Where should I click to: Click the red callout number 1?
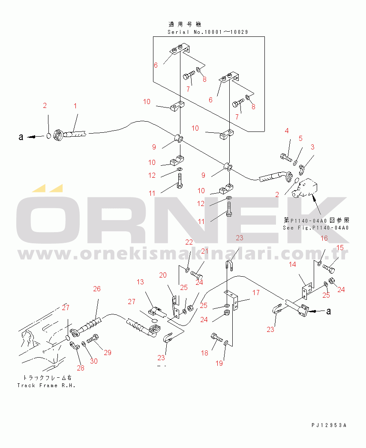click(75, 105)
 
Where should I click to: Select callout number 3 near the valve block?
click(312, 147)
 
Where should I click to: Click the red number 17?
click(255, 293)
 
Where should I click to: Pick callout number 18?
click(205, 353)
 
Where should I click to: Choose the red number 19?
click(219, 363)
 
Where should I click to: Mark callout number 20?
click(162, 275)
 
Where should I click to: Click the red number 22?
click(189, 242)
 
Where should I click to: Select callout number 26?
click(97, 289)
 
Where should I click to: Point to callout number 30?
click(93, 361)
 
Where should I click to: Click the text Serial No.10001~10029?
click(208, 32)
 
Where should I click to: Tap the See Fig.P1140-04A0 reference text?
click(316, 228)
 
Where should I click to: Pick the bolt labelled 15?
click(330, 269)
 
